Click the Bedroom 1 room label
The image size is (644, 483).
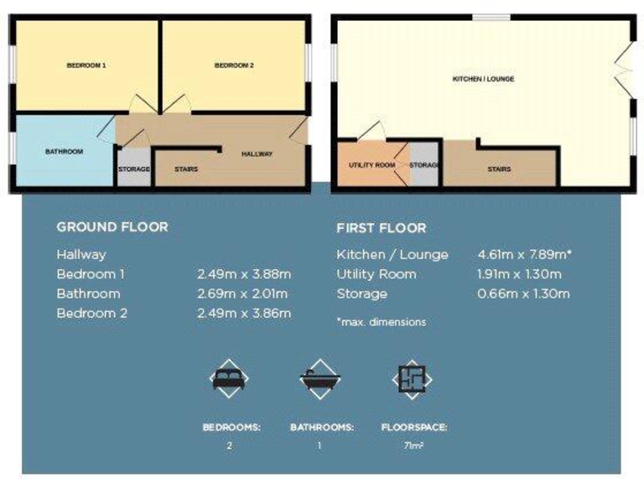pyautogui.click(x=86, y=65)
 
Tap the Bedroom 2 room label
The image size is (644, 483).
pyautogui.click(x=233, y=65)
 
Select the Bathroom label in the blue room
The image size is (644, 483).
pyautogui.click(x=64, y=152)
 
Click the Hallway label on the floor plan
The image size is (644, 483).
pyautogui.click(x=257, y=154)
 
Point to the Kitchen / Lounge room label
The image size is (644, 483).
pyautogui.click(x=483, y=79)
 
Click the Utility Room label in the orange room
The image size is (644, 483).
pyautogui.click(x=371, y=165)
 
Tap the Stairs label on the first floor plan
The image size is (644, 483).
pyautogui.click(x=499, y=169)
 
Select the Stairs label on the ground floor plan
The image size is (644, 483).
pyautogui.click(x=186, y=169)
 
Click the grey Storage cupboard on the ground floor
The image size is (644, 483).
pyautogui.click(x=133, y=169)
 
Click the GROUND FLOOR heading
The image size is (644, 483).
pyautogui.click(x=112, y=227)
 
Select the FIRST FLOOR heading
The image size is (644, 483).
pyautogui.click(x=381, y=228)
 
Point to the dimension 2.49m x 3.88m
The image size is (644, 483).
pyautogui.click(x=243, y=274)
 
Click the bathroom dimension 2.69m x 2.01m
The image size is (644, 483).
pyautogui.click(x=243, y=293)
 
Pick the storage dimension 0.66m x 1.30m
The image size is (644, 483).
pyautogui.click(x=523, y=293)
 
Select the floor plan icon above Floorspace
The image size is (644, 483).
pyautogui.click(x=413, y=379)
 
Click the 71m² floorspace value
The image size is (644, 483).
pyautogui.click(x=413, y=446)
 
